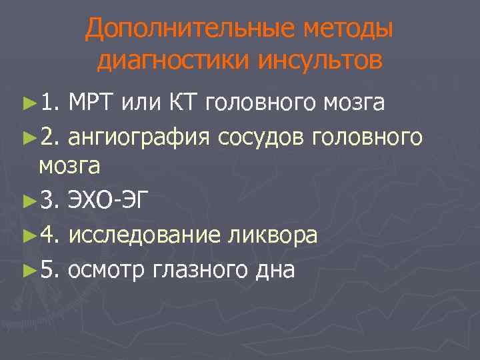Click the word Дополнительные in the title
[176, 29]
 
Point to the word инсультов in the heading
[319, 61]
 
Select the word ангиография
[139, 137]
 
